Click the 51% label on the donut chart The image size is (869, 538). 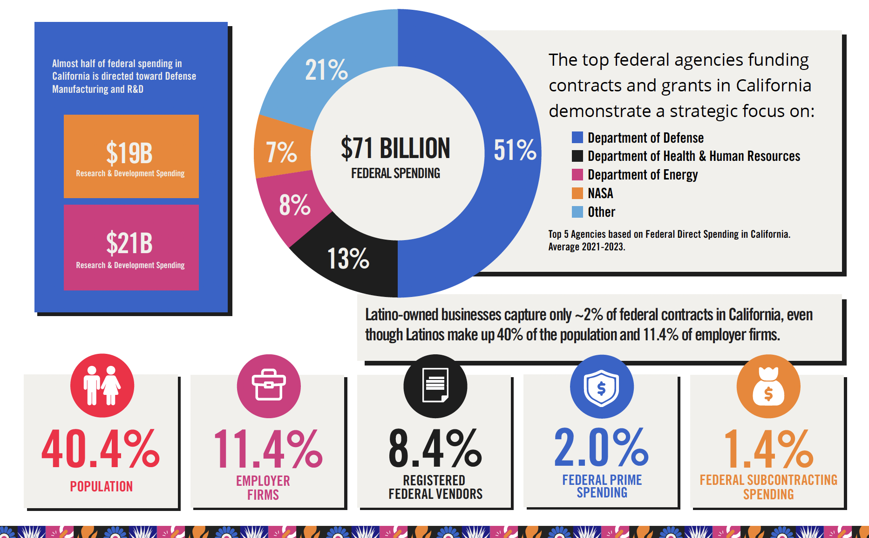click(515, 150)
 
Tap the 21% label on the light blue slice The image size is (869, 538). click(326, 70)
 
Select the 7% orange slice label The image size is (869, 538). click(281, 152)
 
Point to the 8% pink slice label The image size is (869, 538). click(294, 205)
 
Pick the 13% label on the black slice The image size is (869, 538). click(348, 259)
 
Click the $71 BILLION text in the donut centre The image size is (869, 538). click(395, 148)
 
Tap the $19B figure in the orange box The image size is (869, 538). click(129, 153)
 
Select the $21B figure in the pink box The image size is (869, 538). click(129, 243)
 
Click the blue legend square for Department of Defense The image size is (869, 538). click(577, 138)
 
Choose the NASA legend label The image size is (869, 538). click(600, 193)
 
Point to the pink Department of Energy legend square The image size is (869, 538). click(577, 174)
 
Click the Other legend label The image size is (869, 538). click(601, 212)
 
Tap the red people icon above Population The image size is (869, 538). click(102, 386)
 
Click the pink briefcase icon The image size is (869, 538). click(269, 386)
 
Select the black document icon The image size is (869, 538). click(435, 386)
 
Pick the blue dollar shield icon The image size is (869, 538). click(602, 387)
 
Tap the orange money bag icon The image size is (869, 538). click(768, 387)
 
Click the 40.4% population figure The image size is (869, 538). click(101, 448)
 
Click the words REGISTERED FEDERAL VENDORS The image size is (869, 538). click(435, 487)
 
